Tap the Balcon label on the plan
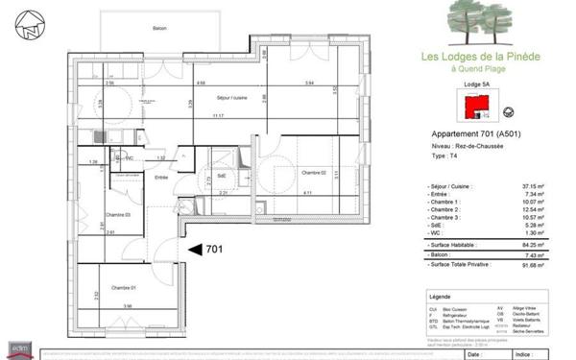click(x=158, y=28)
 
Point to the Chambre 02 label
click(x=314, y=172)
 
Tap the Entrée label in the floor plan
click(x=161, y=178)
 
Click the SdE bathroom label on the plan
click(x=221, y=175)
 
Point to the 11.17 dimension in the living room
click(x=218, y=116)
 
